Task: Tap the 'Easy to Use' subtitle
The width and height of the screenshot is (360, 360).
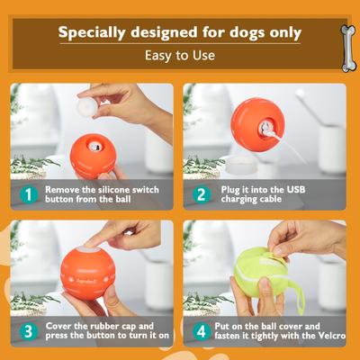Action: click(179, 56)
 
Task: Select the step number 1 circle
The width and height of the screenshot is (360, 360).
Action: click(28, 193)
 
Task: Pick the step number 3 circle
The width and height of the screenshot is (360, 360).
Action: click(28, 330)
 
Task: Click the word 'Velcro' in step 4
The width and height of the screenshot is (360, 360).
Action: click(327, 338)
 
